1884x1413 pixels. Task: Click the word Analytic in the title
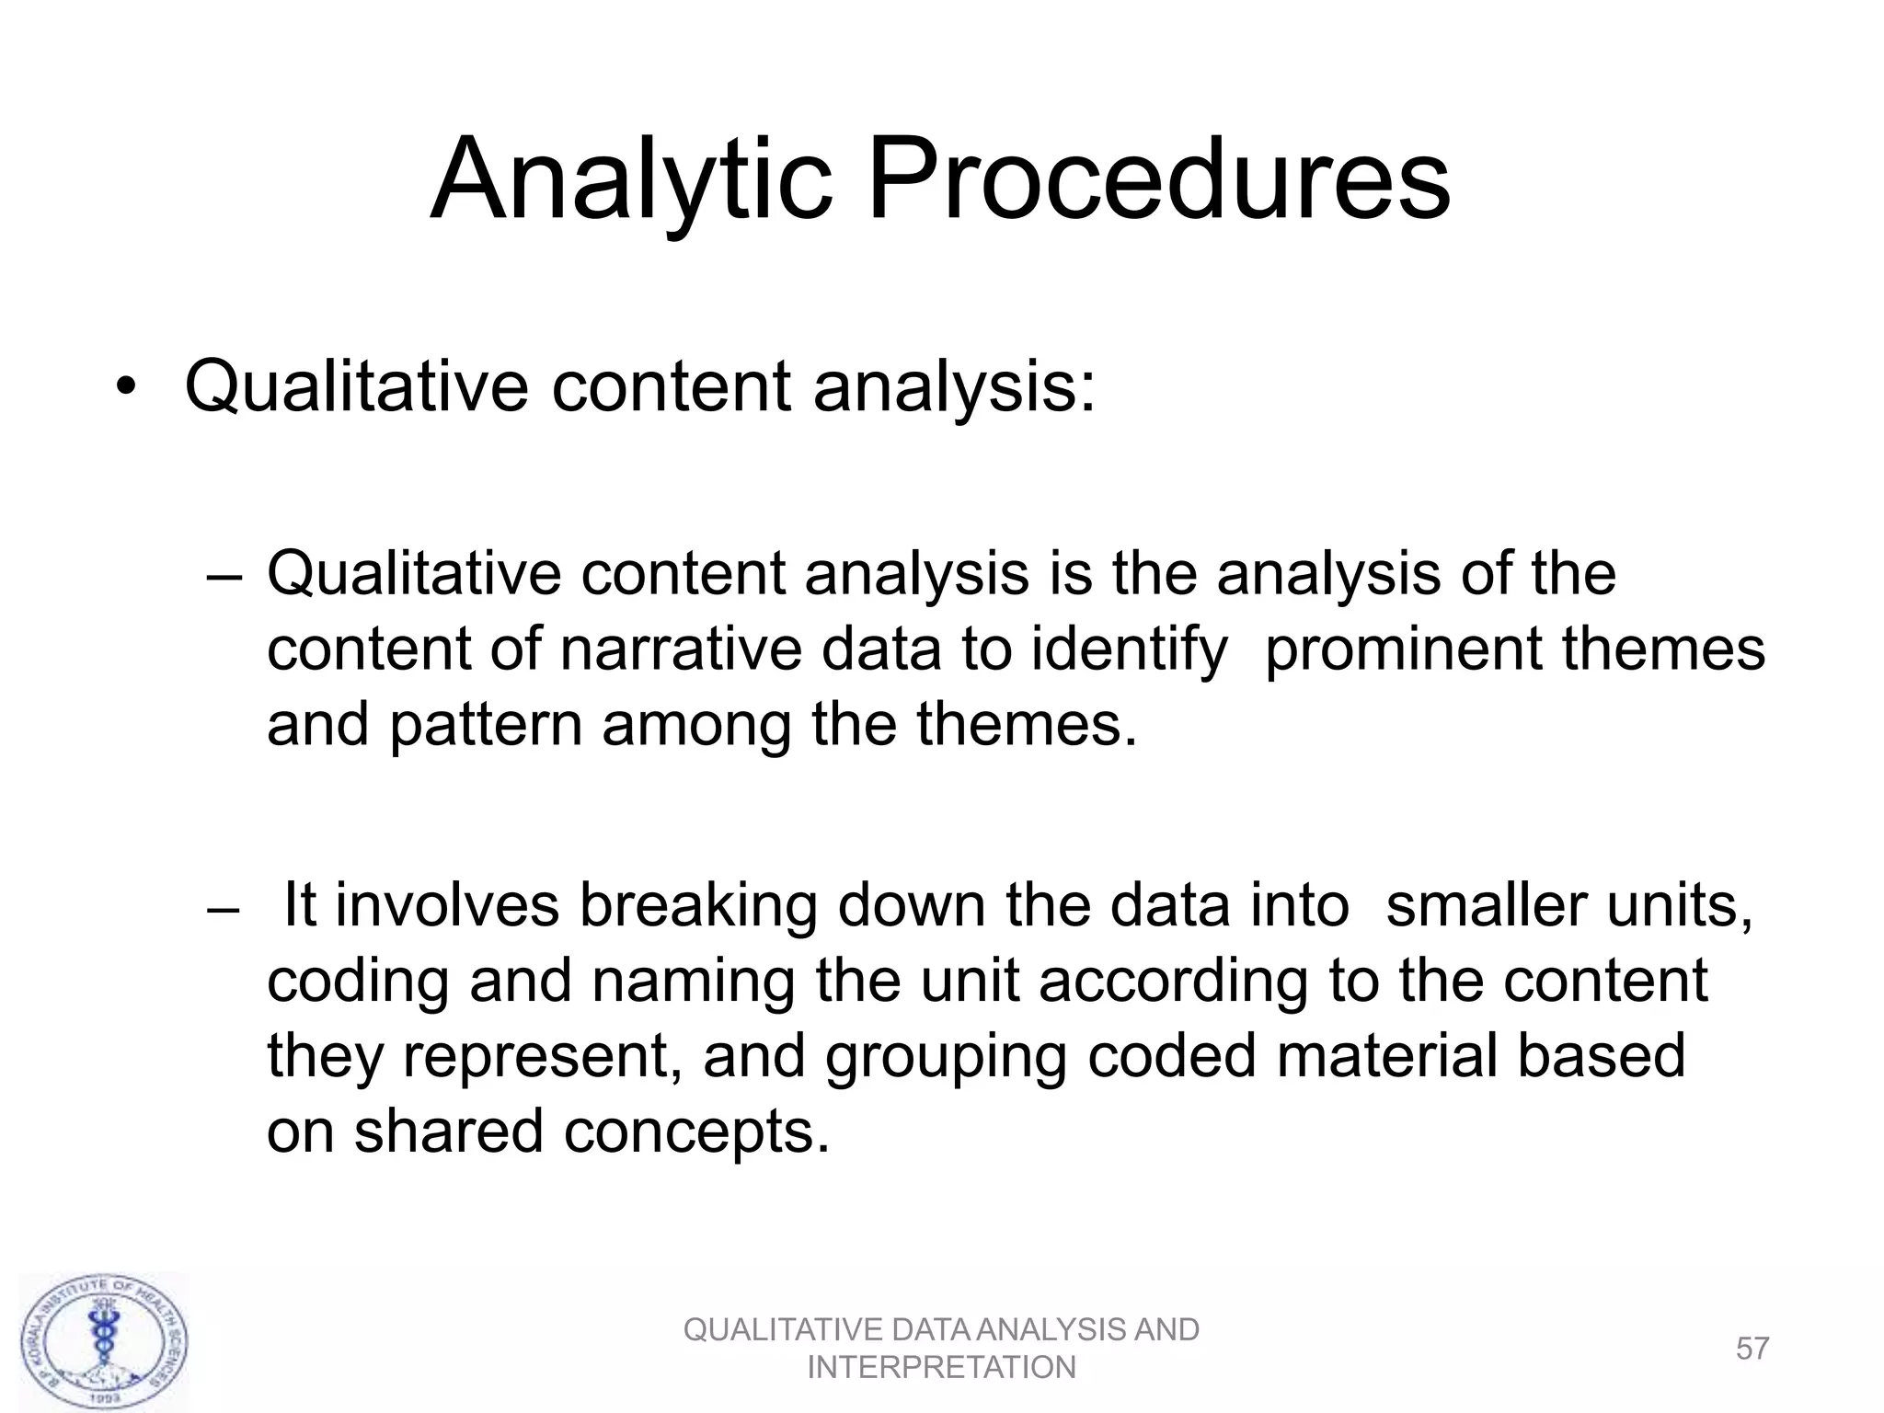pos(631,181)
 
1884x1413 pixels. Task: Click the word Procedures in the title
pos(1158,179)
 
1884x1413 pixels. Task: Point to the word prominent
pos(1404,649)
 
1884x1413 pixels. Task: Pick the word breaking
pos(698,906)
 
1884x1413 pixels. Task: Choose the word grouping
pos(946,1057)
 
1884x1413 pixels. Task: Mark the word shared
pos(448,1131)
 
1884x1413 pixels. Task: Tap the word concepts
pos(696,1132)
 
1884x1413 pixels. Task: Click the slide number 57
pos(1752,1349)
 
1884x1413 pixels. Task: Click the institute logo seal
pos(106,1342)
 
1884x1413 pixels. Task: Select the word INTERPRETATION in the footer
pos(941,1368)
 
